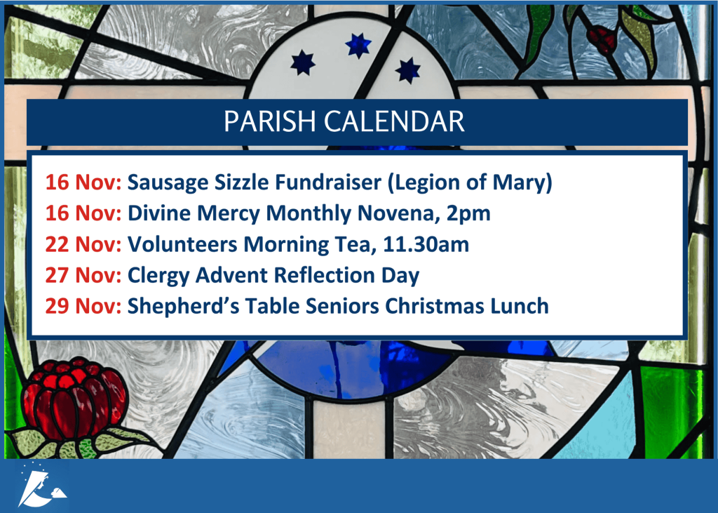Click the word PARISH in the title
point(270,121)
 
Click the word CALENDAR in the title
point(394,121)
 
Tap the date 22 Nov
point(83,244)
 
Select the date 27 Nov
point(83,275)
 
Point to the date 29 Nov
point(83,306)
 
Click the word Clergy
point(158,276)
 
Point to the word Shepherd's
point(183,307)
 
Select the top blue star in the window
point(358,46)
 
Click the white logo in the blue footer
point(41,485)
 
